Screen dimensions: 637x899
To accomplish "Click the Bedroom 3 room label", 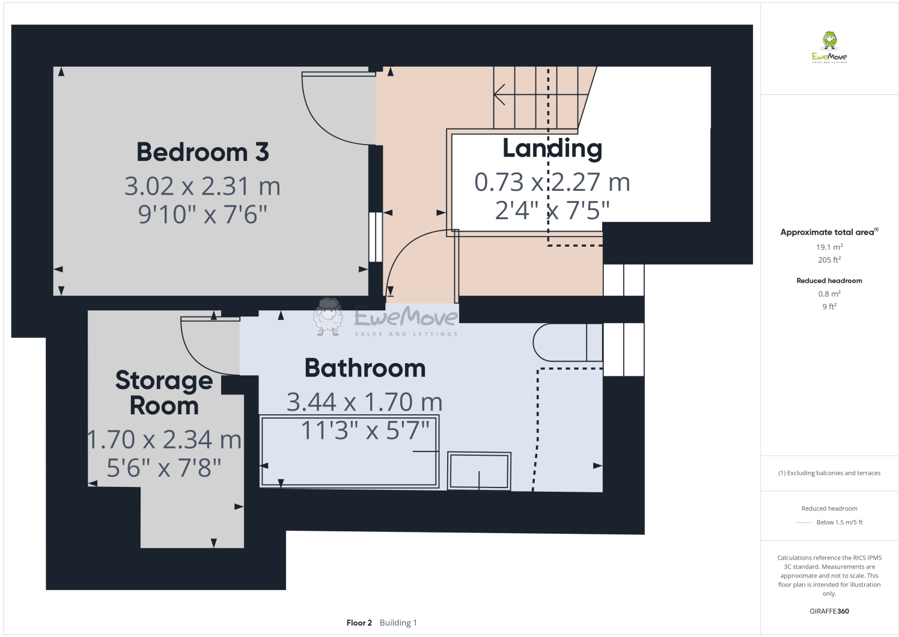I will [203, 152].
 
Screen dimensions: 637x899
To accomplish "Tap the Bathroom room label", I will [365, 368].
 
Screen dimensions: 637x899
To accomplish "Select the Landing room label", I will [552, 148].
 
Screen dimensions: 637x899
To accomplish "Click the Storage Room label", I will [164, 393].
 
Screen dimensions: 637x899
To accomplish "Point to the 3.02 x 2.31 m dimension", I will [203, 186].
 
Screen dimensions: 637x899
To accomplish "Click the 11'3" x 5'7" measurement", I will [365, 430].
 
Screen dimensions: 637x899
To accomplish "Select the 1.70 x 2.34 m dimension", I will [164, 440].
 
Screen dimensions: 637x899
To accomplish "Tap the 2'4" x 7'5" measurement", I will [552, 210].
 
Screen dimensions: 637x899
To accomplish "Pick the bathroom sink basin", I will [480, 471].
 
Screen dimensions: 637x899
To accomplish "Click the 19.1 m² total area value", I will [829, 247].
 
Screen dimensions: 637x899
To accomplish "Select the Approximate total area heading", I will [829, 232].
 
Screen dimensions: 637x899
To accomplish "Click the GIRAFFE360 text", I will [829, 611].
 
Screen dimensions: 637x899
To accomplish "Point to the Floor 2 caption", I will [359, 623].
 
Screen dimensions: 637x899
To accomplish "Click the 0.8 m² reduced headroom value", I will [829, 294].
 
